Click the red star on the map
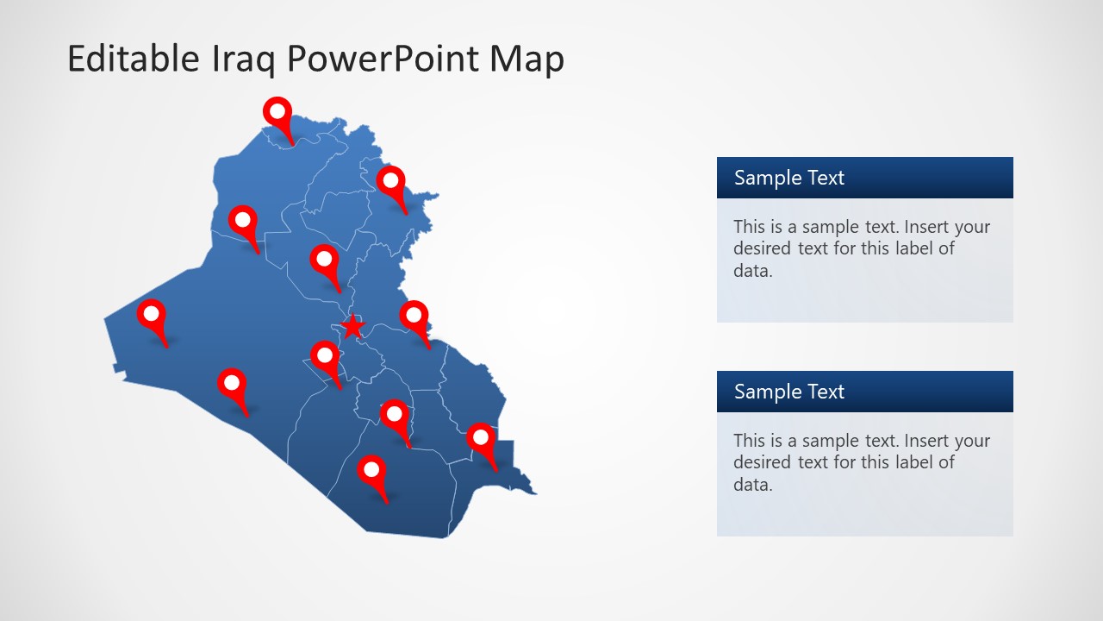pos(352,326)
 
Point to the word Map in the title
pos(527,59)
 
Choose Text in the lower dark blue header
pos(826,392)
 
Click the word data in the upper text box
pos(750,271)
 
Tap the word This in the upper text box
pos(750,227)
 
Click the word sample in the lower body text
pos(830,441)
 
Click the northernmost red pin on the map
pos(277,112)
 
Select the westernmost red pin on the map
pos(152,315)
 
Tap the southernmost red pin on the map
pos(371,471)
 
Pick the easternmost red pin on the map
pos(481,439)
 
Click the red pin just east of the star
pos(414,316)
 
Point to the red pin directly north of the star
pos(324,260)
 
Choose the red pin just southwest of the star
pos(325,355)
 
